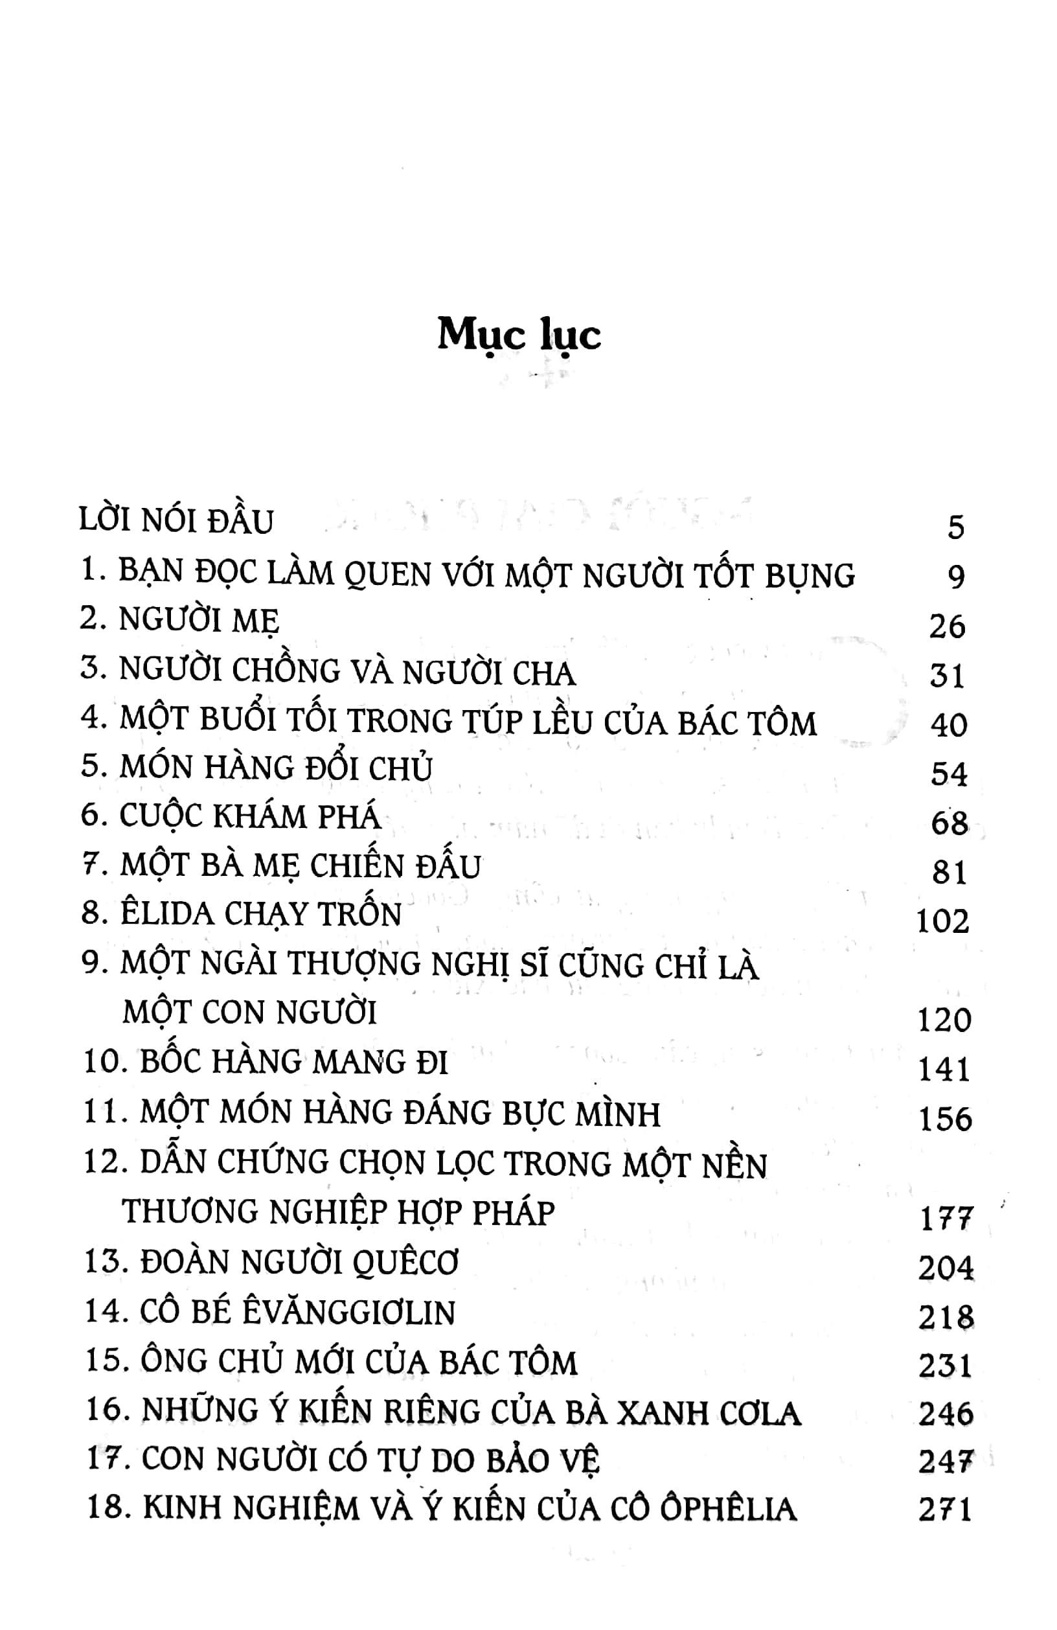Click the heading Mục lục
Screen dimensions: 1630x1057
point(519,336)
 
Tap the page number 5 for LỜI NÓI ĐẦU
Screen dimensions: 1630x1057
point(956,527)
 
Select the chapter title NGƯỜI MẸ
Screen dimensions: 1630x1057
point(199,621)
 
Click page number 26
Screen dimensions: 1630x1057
point(947,626)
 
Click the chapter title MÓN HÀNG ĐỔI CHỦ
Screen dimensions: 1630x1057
point(276,768)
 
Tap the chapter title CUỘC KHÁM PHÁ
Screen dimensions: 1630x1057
point(250,817)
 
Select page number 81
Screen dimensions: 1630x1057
point(949,873)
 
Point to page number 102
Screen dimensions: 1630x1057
point(942,922)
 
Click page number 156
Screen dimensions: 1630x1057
point(945,1119)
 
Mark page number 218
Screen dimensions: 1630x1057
point(946,1318)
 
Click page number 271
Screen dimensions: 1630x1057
point(945,1510)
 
